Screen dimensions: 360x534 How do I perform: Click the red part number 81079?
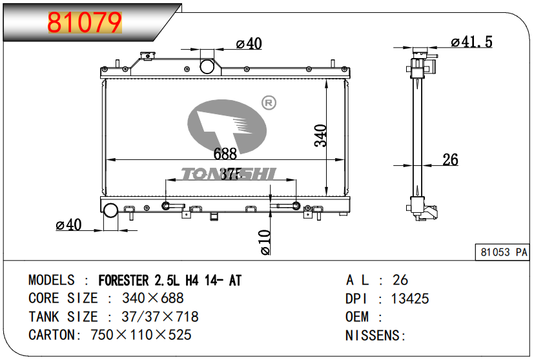[x=85, y=23]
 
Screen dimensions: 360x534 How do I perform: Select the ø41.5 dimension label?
[x=471, y=42]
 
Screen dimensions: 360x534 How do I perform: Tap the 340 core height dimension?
[x=322, y=135]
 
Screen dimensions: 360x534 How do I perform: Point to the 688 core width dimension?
[x=225, y=154]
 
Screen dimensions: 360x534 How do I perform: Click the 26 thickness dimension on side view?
[x=450, y=159]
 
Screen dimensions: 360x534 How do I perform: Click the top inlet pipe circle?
[x=207, y=66]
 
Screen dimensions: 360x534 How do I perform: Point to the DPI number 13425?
[x=411, y=298]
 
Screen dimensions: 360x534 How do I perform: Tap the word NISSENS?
[x=373, y=335]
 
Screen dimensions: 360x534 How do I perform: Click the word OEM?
[x=357, y=317]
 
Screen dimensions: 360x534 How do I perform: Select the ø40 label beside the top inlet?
[x=249, y=44]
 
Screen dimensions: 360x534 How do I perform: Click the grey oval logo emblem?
[x=227, y=128]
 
